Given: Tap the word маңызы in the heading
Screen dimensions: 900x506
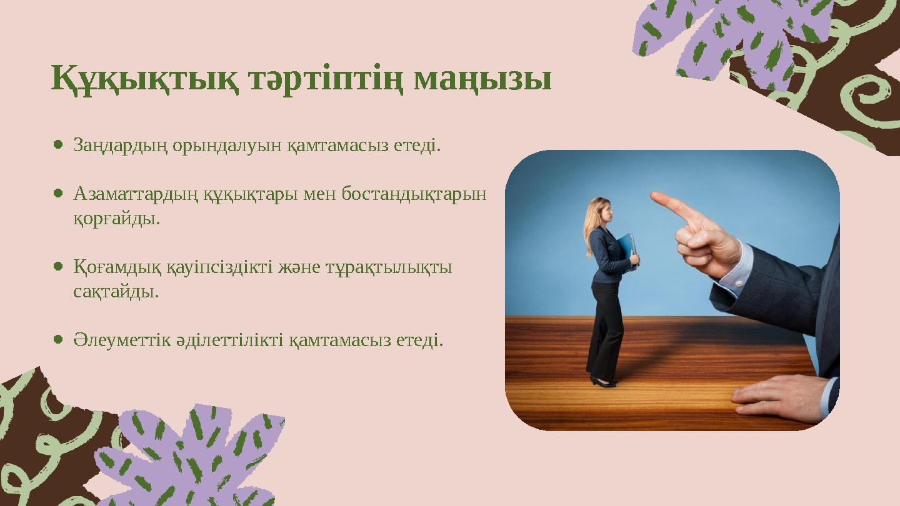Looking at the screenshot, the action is pyautogui.click(x=482, y=79).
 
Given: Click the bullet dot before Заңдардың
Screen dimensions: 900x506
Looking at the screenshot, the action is pyautogui.click(x=58, y=145).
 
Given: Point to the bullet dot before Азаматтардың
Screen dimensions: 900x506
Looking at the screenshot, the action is pyautogui.click(x=58, y=194).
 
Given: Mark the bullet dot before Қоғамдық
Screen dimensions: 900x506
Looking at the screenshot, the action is pyautogui.click(x=58, y=266).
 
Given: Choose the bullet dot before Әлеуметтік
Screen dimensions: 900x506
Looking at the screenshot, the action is pyautogui.click(x=58, y=339).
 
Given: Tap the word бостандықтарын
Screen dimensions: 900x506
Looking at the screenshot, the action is pyautogui.click(x=414, y=195).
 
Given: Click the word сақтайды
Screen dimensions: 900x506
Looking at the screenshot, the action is pyautogui.click(x=116, y=292).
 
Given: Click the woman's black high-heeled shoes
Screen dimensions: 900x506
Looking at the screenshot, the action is pyautogui.click(x=602, y=382).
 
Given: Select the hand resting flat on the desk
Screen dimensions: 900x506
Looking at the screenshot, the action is pyautogui.click(x=779, y=397).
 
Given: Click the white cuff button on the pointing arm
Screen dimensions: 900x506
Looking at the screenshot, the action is pyautogui.click(x=739, y=284).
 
